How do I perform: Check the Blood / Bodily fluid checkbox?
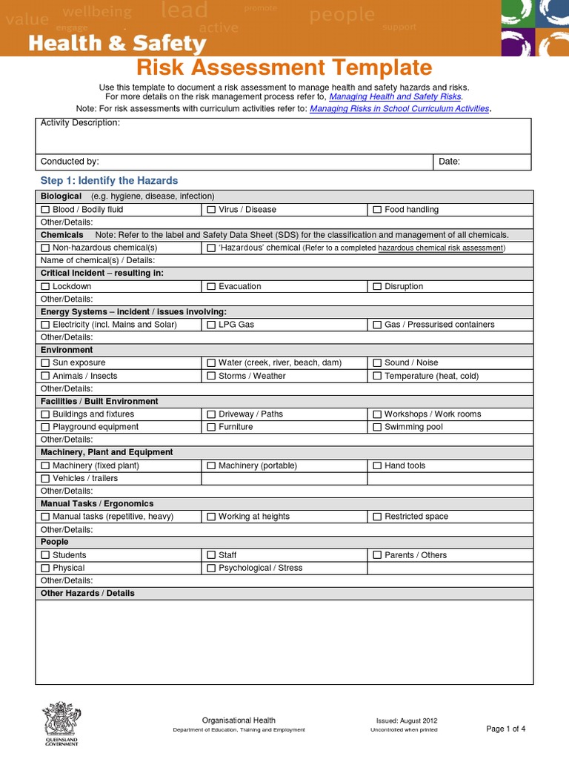click(45, 210)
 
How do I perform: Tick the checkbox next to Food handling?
click(377, 210)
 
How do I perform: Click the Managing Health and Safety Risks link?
click(395, 97)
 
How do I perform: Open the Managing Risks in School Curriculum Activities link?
click(399, 108)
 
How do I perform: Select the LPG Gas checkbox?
click(211, 325)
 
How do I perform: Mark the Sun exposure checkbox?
click(45, 363)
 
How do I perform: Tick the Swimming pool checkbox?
click(377, 427)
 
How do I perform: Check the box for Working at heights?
click(211, 517)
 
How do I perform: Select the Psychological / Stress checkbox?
click(211, 568)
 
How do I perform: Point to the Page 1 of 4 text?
click(505, 729)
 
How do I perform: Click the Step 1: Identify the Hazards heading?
click(109, 181)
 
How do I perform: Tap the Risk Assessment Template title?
click(284, 68)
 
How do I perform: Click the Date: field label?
click(449, 162)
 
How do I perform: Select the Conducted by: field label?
click(70, 162)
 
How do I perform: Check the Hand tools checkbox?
click(377, 465)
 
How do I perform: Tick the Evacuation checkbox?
click(211, 286)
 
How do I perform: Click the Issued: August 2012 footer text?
click(407, 720)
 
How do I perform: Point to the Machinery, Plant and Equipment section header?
click(107, 452)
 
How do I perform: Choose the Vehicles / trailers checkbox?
click(45, 478)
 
